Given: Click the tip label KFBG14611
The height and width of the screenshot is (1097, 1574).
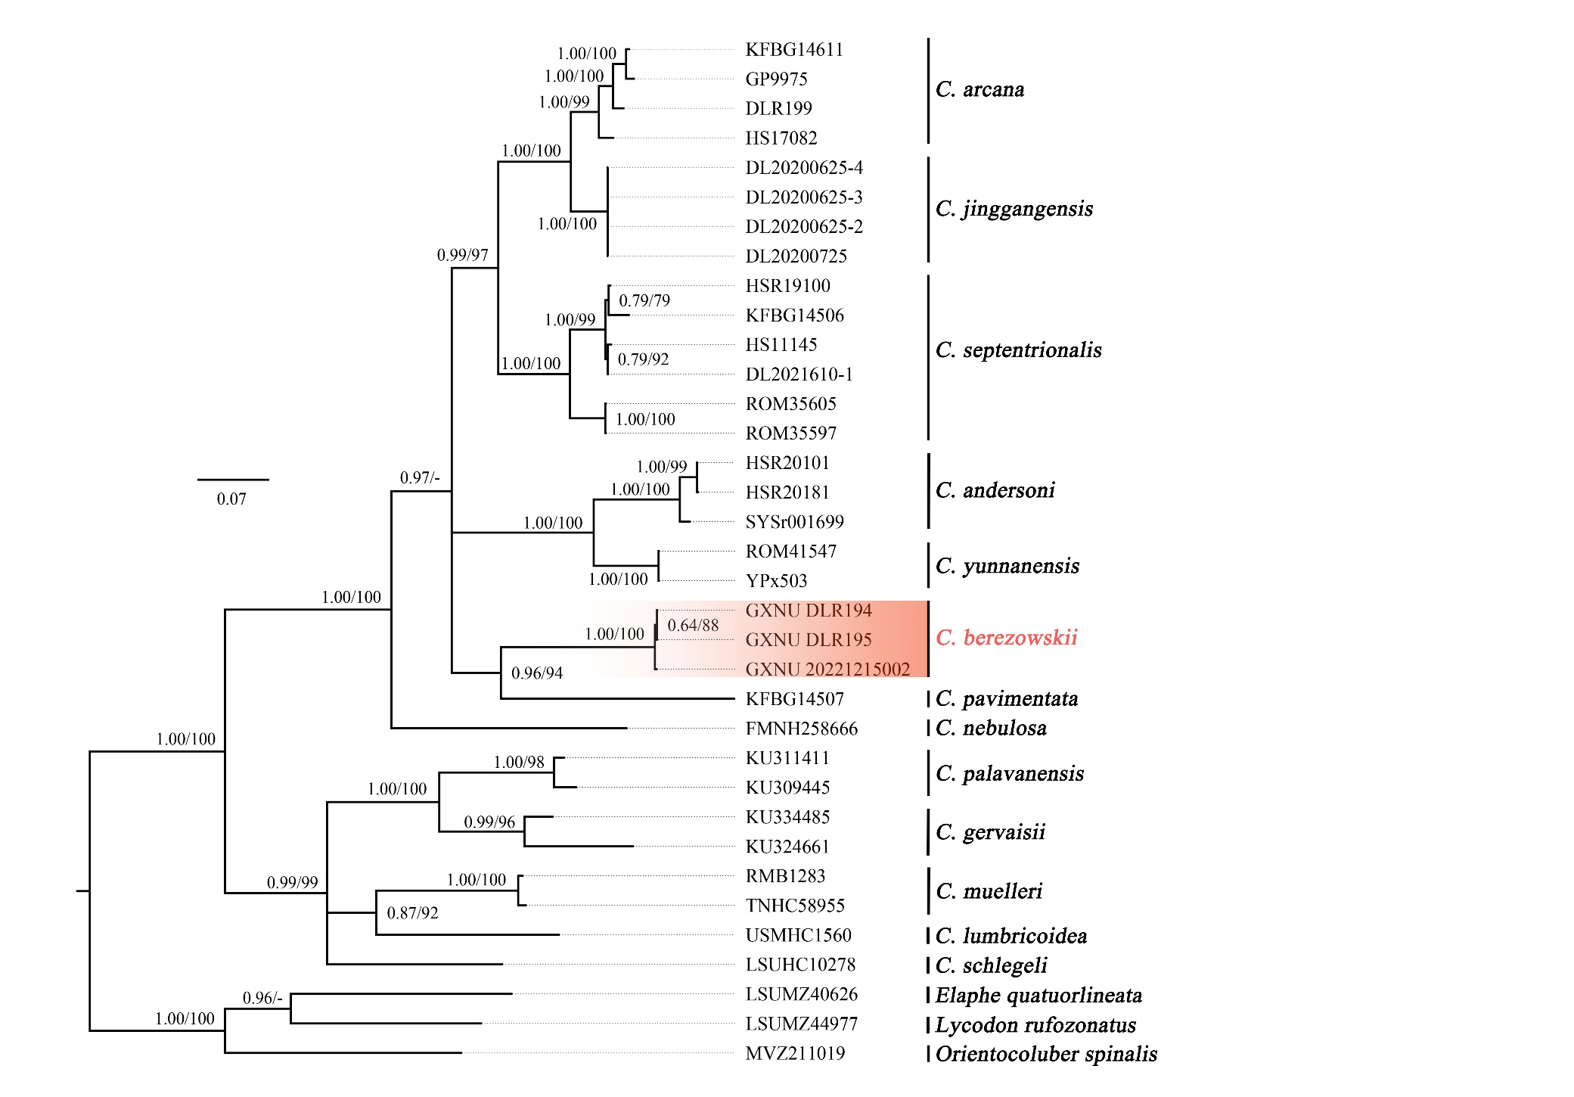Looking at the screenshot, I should coord(793,50).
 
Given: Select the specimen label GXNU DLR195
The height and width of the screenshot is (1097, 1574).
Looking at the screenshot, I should coord(808,640).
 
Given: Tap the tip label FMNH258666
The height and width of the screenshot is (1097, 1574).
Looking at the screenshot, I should coord(801,729).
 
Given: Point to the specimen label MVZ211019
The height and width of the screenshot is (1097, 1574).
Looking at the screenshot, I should coord(794,1053).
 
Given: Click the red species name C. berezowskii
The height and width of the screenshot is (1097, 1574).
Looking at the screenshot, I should coord(1006,638).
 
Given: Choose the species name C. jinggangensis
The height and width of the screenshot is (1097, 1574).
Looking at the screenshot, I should coord(1014,209).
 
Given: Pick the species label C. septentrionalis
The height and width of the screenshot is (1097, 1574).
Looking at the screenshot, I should coord(1018,350).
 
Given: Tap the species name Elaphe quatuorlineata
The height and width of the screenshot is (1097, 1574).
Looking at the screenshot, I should coord(1038,996).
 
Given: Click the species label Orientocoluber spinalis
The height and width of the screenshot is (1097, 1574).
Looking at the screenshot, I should coord(1045,1054).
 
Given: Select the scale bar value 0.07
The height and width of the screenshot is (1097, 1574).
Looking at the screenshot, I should coord(231,499).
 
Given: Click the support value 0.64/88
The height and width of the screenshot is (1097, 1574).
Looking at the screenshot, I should coord(693,626).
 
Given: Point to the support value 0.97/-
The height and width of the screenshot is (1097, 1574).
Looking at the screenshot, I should coord(419,478).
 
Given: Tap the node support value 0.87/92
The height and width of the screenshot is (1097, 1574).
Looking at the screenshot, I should coord(412,913).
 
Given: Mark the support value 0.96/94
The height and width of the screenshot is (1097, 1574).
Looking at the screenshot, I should coord(537,673).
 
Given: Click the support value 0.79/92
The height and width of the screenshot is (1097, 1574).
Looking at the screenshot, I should coord(643,359).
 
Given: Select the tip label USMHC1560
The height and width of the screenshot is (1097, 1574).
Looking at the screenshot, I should coord(798,936).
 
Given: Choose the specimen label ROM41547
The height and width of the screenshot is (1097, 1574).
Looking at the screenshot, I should coord(790,552).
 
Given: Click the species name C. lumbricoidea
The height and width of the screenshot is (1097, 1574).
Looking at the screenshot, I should coord(1011,937).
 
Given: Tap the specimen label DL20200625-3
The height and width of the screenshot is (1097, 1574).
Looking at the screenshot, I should coord(803,197).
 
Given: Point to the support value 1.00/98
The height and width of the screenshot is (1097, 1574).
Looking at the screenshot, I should coord(519,763).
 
